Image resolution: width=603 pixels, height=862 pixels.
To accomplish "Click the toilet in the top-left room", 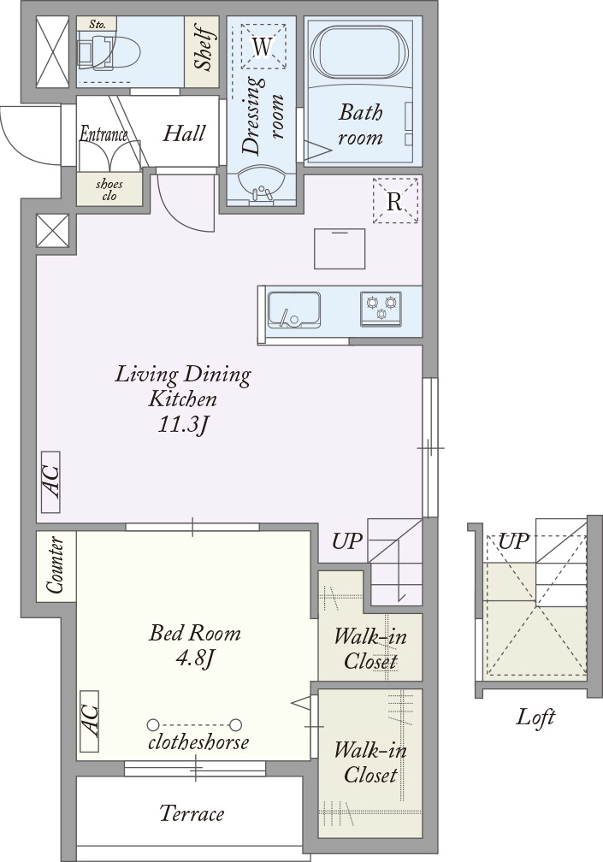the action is coord(109,51).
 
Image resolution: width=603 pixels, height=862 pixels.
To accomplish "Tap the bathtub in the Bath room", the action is coord(360,53).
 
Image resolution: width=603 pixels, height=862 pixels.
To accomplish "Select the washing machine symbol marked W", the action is coord(263,46).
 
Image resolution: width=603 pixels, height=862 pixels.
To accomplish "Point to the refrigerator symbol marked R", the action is coord(395,201).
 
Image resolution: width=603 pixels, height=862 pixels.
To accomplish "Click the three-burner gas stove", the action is coord(381,309).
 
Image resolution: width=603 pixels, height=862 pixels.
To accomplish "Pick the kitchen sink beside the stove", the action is coord(294,310).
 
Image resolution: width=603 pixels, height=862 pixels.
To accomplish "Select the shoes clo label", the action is coord(109,190).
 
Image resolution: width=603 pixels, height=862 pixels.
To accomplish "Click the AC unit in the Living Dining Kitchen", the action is coord(50,482).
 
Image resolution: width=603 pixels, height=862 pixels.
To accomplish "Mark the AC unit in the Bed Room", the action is coord(90,721).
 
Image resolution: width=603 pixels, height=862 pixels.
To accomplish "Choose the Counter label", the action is coord(55,565).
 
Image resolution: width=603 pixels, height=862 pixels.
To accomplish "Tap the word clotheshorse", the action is coord(198,742).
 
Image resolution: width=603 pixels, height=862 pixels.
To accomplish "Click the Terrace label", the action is coord(192,813).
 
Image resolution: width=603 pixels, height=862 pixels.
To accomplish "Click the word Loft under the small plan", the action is coord(535,717).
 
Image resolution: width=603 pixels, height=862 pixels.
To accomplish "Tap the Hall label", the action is coord(184,133).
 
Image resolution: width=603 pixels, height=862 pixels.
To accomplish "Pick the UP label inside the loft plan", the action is coord(513,542).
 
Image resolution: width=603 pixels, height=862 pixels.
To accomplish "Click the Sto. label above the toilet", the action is coord(98,25).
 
